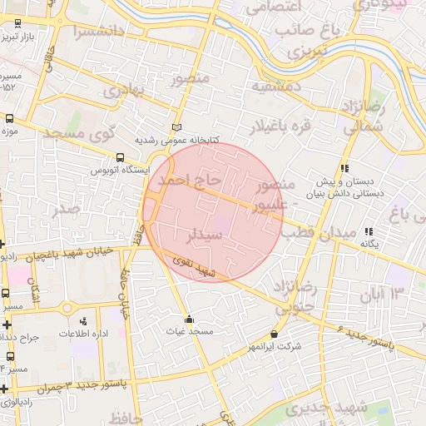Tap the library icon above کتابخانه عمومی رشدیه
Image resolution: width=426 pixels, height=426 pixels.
pos(176,127)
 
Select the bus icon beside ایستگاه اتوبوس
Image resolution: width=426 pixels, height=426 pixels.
pos(121,157)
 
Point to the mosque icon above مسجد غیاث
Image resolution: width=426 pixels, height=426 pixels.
pos(190,319)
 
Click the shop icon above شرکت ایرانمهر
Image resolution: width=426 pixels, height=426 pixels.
pos(275,334)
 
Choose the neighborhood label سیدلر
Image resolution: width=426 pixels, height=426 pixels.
pos(206,235)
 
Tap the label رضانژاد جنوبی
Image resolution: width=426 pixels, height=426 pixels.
pos(300,300)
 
